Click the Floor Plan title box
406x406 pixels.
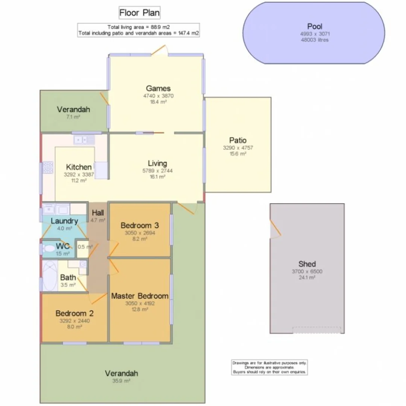point(139,13)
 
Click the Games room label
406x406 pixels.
point(158,89)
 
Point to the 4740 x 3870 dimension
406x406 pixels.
point(158,96)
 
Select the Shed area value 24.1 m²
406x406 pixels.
point(307,277)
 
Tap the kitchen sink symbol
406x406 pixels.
point(85,140)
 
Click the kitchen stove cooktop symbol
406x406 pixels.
point(48,167)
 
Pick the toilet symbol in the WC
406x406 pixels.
point(48,248)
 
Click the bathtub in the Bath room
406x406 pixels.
point(49,276)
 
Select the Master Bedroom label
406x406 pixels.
point(139,296)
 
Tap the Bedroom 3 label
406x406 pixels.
point(139,226)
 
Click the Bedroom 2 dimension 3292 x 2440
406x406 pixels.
point(74,321)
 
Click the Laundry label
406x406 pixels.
point(64,221)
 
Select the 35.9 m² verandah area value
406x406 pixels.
point(121,381)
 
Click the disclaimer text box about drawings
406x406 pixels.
point(269,367)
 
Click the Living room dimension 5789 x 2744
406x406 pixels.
point(157,171)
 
